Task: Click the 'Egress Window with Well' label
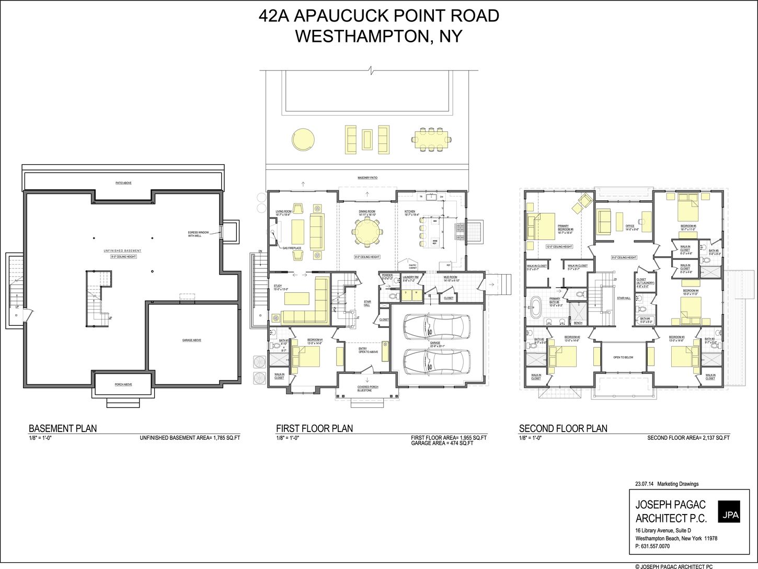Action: click(199, 234)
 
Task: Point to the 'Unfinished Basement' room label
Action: click(123, 252)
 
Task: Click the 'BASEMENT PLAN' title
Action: click(63, 428)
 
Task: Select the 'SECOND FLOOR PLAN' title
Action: click(563, 428)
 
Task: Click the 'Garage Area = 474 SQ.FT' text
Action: click(442, 443)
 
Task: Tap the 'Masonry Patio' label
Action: click(367, 178)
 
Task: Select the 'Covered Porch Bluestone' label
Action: click(368, 389)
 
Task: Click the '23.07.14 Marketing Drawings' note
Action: click(667, 484)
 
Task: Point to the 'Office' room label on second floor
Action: click(629, 226)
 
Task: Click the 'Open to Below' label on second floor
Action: click(623, 358)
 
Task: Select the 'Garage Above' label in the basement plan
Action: click(191, 340)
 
